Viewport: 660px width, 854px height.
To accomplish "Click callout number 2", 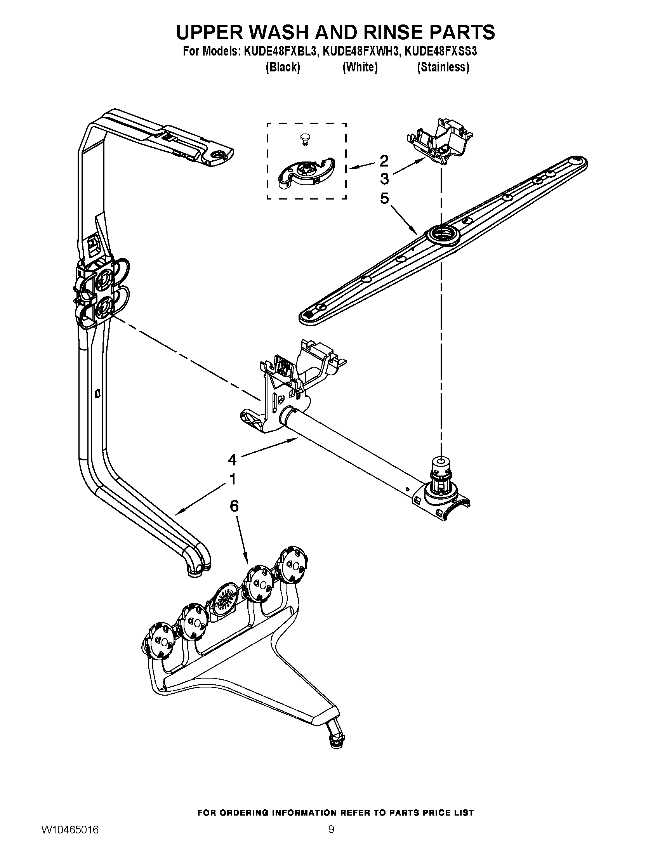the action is click(384, 160).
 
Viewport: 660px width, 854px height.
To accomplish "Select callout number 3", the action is click(384, 179).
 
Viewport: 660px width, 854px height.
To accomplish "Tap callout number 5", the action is click(384, 199).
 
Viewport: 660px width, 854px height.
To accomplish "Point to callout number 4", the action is click(232, 460).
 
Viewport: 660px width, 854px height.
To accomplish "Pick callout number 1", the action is click(233, 479).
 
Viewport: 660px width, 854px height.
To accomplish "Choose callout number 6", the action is click(233, 506).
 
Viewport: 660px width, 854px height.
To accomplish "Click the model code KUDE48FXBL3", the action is click(279, 51).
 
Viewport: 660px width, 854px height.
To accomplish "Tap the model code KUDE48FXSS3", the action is click(441, 51).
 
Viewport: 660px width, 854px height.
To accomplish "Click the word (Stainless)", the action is click(443, 67).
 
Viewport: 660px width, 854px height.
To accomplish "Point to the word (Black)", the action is click(283, 67).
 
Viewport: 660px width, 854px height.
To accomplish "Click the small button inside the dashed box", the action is click(304, 137).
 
